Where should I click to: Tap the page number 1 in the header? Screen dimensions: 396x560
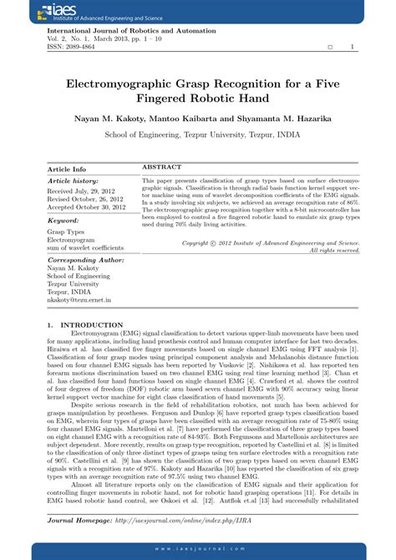[352, 48]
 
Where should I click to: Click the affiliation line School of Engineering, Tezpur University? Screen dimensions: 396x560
[198, 134]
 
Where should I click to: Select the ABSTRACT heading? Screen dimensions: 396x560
[162, 168]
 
